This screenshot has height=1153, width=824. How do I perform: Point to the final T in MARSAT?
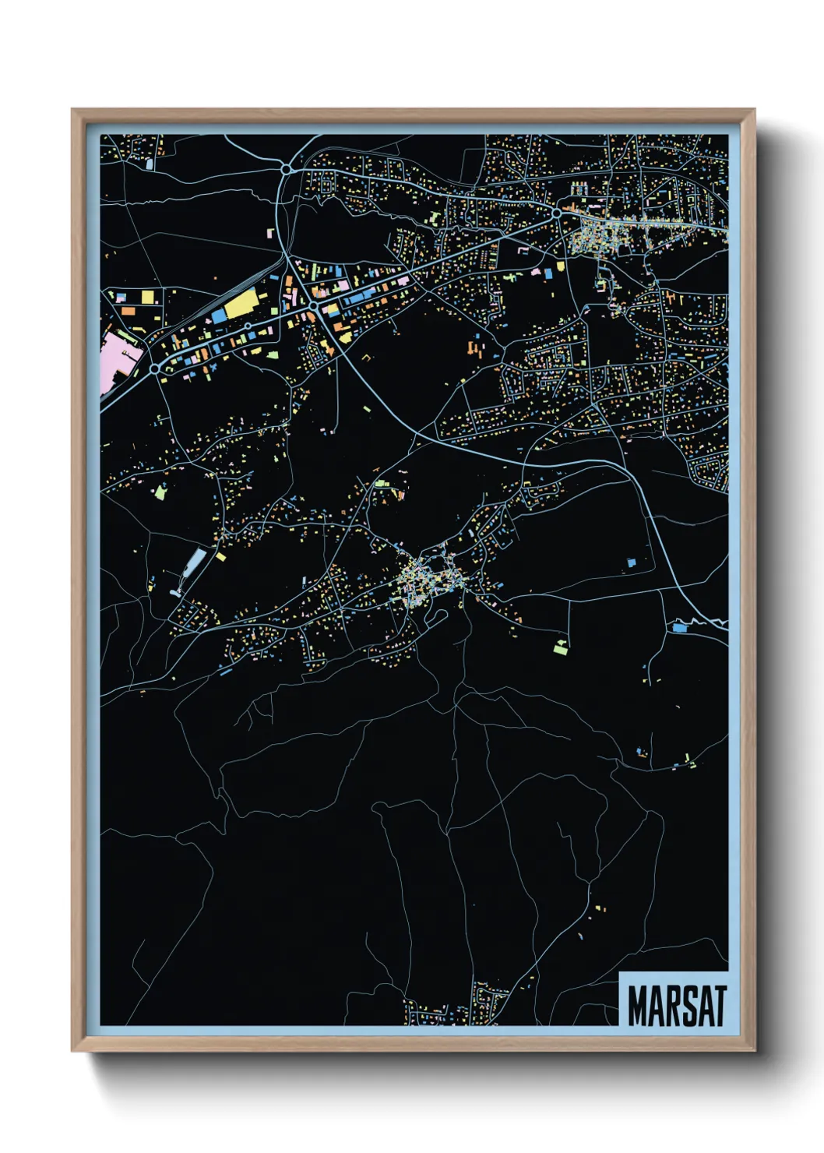pos(719,1006)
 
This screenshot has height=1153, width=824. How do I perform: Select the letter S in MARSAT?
pos(685,1006)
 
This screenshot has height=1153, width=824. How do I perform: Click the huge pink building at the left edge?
pos(118,359)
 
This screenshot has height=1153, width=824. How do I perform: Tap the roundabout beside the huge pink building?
pos(155,368)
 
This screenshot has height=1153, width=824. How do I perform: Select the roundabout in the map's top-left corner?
pos(286,168)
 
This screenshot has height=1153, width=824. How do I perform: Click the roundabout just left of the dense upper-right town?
pos(557,212)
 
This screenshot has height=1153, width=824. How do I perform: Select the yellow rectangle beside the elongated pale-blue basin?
pos(220,556)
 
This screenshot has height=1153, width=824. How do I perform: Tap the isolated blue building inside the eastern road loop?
pos(632,562)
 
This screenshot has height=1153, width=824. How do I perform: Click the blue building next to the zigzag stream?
pos(680,626)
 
